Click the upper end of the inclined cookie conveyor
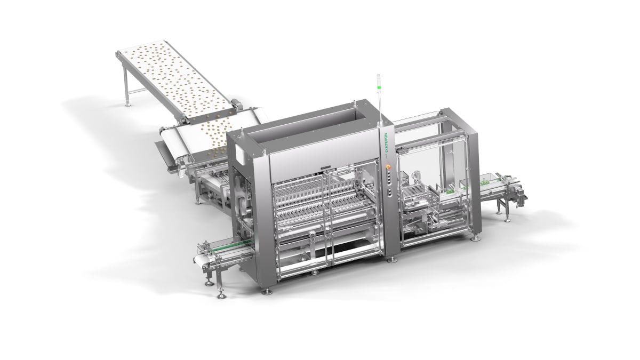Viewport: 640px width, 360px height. [128, 53]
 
